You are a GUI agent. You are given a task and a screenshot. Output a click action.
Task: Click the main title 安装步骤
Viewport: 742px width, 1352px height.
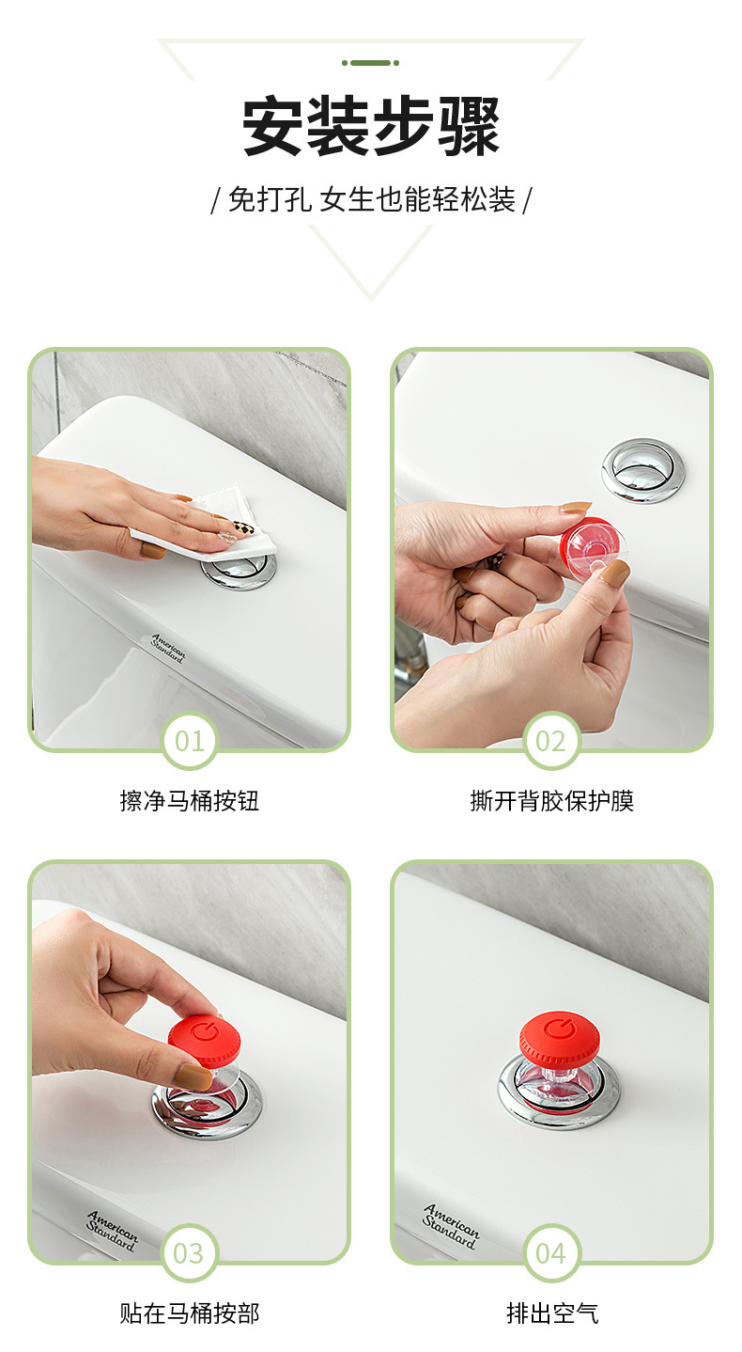tap(371, 127)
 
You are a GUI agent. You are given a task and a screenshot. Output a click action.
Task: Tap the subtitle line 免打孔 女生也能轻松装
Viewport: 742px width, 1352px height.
tap(371, 199)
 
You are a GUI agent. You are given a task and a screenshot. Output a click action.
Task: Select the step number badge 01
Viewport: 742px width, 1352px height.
tap(189, 741)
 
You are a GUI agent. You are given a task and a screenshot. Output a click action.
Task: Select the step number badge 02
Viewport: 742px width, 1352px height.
tap(551, 741)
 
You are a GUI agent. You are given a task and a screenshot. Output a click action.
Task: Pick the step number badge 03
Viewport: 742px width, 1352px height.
tap(189, 1253)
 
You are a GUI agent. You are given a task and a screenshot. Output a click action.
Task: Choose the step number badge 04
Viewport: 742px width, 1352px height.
tap(551, 1253)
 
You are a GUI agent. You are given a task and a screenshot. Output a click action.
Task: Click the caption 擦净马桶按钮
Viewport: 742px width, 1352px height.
tap(189, 801)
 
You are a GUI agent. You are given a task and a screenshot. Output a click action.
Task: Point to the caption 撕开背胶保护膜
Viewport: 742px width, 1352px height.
tap(551, 801)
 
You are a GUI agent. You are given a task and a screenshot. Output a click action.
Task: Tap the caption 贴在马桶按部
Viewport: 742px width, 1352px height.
tap(189, 1313)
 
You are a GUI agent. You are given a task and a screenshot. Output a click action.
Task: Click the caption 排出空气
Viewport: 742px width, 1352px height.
tap(551, 1313)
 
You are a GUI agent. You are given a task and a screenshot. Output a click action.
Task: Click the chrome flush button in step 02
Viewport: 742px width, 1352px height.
tap(643, 470)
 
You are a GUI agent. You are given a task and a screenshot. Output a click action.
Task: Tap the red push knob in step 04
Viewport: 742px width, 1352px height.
tap(560, 1038)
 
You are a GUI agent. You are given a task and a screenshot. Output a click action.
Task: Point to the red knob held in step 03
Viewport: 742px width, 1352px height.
tap(205, 1040)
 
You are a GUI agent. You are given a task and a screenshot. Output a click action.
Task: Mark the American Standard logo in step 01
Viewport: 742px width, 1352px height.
tap(168, 649)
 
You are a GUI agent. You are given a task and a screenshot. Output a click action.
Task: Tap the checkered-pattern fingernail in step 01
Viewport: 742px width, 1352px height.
tap(241, 528)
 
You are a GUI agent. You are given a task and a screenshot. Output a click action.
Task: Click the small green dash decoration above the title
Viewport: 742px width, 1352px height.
tap(370, 63)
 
